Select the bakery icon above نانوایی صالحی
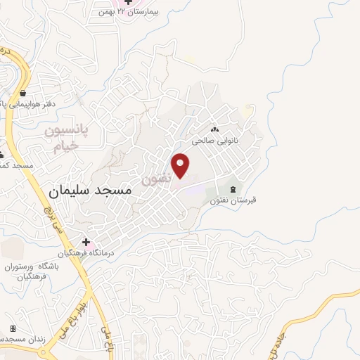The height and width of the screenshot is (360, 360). click(x=214, y=129)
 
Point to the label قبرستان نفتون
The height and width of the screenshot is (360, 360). click(x=233, y=200)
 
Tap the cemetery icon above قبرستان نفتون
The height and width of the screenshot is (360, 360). click(x=233, y=188)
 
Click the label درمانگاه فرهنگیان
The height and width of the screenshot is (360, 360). click(x=86, y=252)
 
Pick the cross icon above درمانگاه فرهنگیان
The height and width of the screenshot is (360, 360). click(x=86, y=242)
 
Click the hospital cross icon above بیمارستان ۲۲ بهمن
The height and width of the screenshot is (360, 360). click(x=128, y=2)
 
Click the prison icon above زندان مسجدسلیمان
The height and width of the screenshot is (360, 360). click(x=13, y=328)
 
